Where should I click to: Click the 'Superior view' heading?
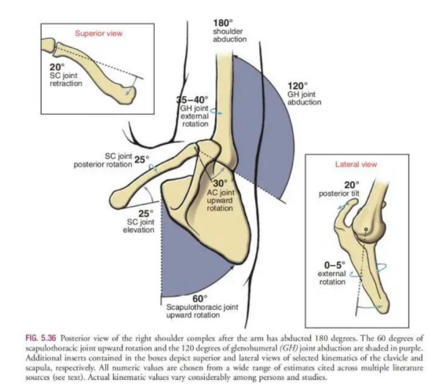(98, 33)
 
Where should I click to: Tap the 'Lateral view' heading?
(356, 164)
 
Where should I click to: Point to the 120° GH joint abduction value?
(298, 86)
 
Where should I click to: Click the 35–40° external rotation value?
(192, 99)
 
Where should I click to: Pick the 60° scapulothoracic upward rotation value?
(200, 299)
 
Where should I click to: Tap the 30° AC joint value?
(221, 183)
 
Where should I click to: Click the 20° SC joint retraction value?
(57, 67)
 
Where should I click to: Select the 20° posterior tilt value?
(352, 185)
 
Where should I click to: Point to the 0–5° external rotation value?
(335, 265)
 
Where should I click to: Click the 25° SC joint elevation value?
(146, 214)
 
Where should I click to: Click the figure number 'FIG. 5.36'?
(41, 338)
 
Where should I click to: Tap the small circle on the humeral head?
(366, 229)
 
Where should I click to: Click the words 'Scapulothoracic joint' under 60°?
(203, 307)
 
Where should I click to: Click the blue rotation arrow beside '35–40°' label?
(216, 112)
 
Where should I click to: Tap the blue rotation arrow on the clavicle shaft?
(152, 167)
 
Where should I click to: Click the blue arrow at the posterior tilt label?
(344, 206)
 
